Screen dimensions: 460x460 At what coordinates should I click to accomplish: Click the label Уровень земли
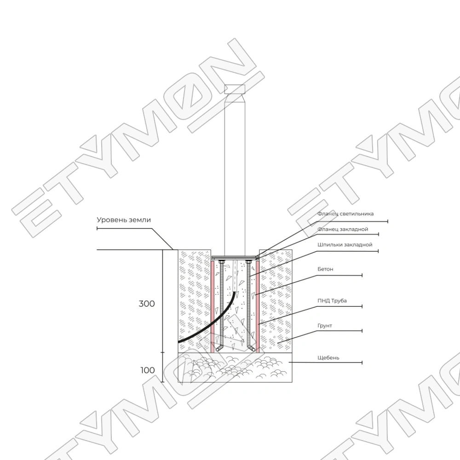pyautogui.click(x=124, y=220)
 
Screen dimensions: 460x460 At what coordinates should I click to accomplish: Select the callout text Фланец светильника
pyautogui.click(x=345, y=213)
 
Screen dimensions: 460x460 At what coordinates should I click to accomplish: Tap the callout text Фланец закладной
pyautogui.click(x=343, y=229)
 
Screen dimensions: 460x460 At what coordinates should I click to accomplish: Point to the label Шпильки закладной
pyautogui.click(x=345, y=245)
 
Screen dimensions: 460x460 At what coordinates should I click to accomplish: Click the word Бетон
pyautogui.click(x=325, y=269)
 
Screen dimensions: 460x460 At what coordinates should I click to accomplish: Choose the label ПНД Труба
pyautogui.click(x=332, y=301)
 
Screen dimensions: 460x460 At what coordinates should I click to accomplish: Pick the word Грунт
pyautogui.click(x=325, y=326)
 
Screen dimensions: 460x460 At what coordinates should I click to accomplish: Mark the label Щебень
pyautogui.click(x=328, y=357)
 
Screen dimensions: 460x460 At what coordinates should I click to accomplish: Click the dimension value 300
pyautogui.click(x=147, y=304)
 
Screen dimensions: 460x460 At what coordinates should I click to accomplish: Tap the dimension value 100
pyautogui.click(x=147, y=370)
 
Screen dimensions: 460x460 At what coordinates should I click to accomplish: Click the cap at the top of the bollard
pyautogui.click(x=235, y=89)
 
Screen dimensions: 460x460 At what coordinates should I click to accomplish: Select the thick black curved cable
pyautogui.click(x=202, y=329)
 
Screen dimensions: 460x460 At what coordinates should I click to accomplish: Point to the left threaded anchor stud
pyautogui.click(x=222, y=304)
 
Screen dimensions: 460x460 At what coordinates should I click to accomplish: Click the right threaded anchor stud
pyautogui.click(x=248, y=304)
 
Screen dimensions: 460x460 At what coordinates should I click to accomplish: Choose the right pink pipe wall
pyautogui.click(x=258, y=304)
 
